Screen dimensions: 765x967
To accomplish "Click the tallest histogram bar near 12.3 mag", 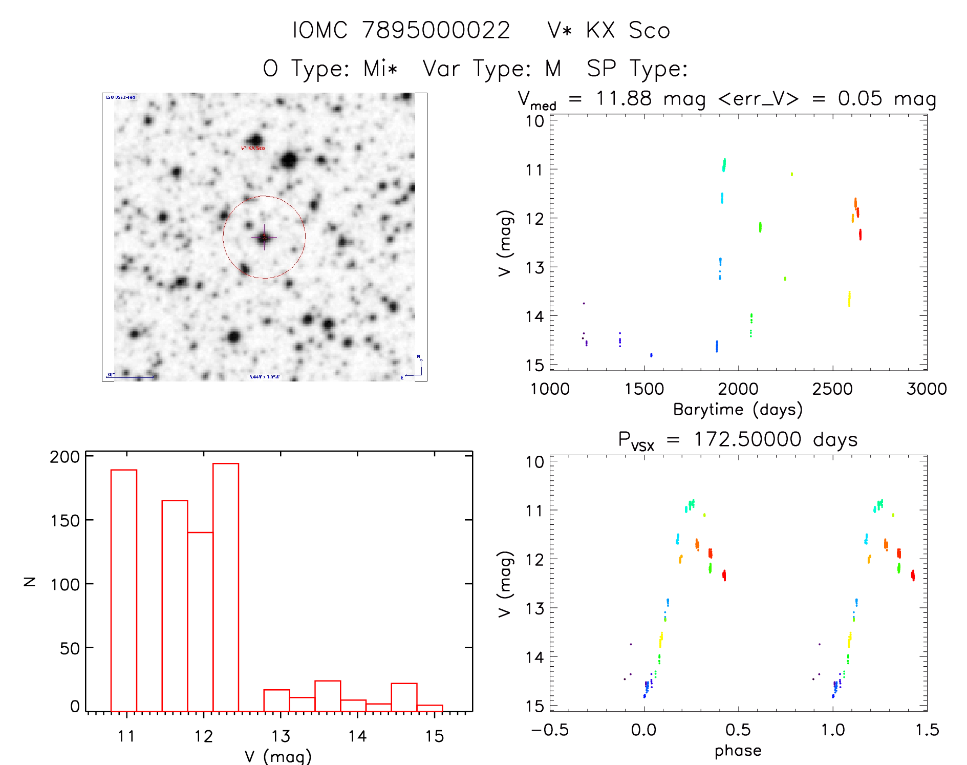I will pos(226,587).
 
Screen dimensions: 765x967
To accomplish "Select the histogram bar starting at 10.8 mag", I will pos(124,590).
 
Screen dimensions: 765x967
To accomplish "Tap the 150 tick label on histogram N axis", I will pos(65,521).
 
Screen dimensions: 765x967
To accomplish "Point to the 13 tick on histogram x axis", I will pos(281,736).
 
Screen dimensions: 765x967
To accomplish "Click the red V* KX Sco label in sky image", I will pos(253,148).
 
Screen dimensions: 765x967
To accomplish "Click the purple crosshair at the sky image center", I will pos(264,237).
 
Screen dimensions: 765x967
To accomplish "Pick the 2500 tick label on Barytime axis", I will pos(832,389).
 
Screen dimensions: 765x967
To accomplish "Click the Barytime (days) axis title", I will pos(738,410).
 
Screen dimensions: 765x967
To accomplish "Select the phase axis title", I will pos(738,751).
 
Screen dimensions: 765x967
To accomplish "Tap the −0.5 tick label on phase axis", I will pos(550,730).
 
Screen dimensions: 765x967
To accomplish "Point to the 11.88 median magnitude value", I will pos(624,98).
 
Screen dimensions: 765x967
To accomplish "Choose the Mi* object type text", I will pos(380,68).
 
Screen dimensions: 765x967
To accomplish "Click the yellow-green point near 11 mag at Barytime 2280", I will pos(792,174).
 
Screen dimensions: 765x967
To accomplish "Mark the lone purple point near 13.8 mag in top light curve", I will pos(584,304).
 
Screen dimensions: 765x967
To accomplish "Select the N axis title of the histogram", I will pos(30,581).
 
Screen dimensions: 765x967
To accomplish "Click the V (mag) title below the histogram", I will pos(278,756).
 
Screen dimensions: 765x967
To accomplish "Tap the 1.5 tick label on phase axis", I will pos(927,730).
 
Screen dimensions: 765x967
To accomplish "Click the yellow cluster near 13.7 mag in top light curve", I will pos(849,299).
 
